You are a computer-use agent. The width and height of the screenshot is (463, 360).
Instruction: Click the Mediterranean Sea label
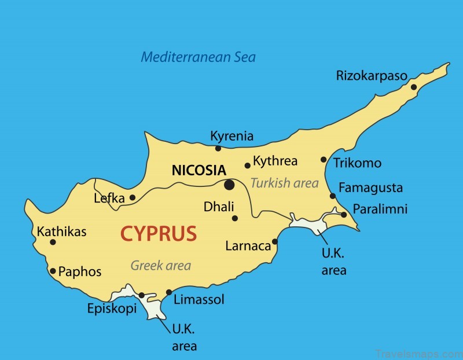(x=198, y=57)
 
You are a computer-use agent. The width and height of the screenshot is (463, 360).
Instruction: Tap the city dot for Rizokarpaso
(x=414, y=87)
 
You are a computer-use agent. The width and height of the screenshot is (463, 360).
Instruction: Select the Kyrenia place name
(x=231, y=136)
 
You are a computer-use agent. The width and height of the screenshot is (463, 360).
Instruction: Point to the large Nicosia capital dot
(x=229, y=185)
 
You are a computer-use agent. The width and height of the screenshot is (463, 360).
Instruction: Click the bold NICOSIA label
(x=199, y=170)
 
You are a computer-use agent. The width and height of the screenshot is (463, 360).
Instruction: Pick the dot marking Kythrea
(x=248, y=165)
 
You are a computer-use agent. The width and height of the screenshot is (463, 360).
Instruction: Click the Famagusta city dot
(x=333, y=196)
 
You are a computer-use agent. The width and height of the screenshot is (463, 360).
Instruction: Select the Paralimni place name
(x=380, y=209)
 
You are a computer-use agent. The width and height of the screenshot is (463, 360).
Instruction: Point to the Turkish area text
(x=284, y=183)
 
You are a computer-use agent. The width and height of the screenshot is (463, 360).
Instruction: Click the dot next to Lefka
(x=133, y=197)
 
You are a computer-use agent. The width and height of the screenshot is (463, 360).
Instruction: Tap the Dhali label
(x=219, y=207)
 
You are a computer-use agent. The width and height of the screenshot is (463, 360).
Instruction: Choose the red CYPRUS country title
(x=159, y=234)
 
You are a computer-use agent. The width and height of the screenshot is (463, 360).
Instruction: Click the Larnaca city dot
(x=275, y=242)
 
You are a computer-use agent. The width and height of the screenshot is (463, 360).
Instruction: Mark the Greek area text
(x=160, y=266)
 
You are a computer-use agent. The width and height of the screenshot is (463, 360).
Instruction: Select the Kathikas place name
(x=61, y=232)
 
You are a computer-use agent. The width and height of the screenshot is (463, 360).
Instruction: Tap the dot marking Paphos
(x=53, y=270)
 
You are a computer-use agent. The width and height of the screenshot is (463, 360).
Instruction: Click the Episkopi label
(x=112, y=308)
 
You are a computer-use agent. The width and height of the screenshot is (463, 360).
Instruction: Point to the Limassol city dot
(x=169, y=292)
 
